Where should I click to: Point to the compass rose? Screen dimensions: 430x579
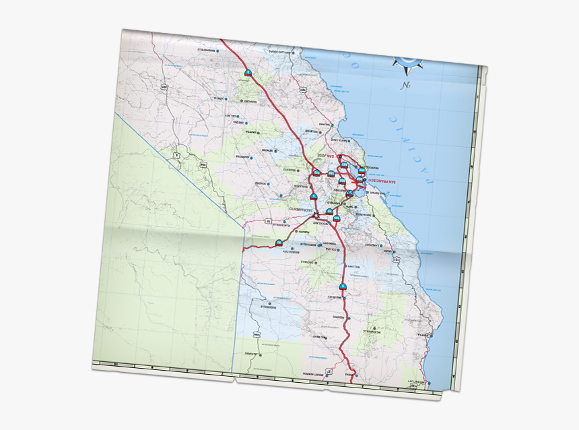coord(408,61)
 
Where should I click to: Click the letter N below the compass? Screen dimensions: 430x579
coord(405,86)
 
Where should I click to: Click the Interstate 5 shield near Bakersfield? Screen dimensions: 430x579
coord(248,73)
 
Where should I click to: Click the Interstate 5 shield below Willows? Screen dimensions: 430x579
coord(343,287)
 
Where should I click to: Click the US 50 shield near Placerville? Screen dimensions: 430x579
coord(268,221)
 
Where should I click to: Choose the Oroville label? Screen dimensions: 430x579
coord(307,262)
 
